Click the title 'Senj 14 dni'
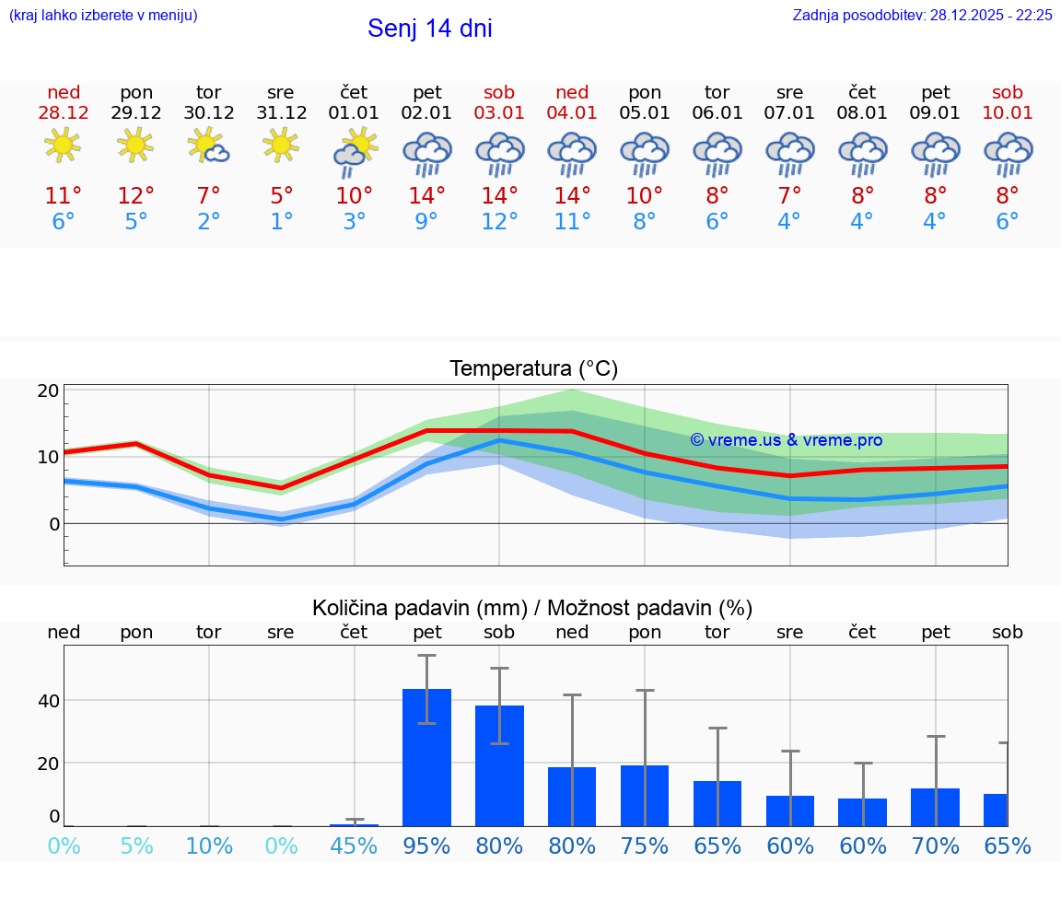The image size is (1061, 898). click(x=429, y=29)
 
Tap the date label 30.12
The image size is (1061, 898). click(x=209, y=113)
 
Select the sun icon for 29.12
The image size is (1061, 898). click(x=135, y=144)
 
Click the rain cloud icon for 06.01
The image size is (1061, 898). click(x=717, y=154)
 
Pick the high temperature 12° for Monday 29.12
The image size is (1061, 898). click(x=135, y=196)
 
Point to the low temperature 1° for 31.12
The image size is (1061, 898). click(x=281, y=222)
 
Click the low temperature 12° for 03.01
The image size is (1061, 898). click(x=499, y=222)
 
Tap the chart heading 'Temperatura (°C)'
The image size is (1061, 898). click(x=533, y=369)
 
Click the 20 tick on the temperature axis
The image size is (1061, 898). click(x=49, y=391)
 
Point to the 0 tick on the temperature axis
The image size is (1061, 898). click(x=54, y=524)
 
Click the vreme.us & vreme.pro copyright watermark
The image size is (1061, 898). click(x=786, y=440)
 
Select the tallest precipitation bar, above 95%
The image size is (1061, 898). click(x=427, y=757)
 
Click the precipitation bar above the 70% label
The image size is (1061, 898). click(x=935, y=807)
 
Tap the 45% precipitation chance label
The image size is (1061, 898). click(x=354, y=846)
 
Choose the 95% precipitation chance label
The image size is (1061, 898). click(x=426, y=846)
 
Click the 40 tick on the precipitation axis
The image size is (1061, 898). click(x=49, y=701)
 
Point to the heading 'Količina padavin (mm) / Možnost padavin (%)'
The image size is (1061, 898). click(x=532, y=608)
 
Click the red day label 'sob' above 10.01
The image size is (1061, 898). click(x=1008, y=92)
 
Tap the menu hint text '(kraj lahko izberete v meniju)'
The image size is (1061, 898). click(x=103, y=15)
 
